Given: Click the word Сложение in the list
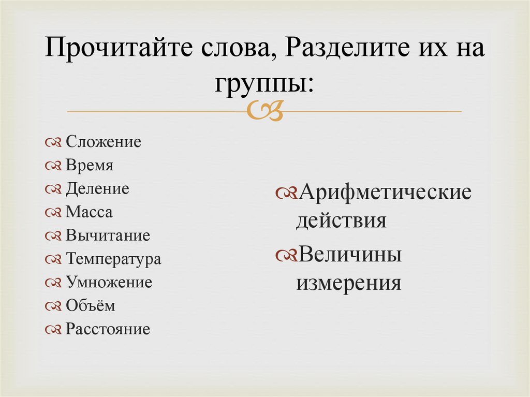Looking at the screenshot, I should [x=103, y=142].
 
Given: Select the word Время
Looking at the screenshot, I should [x=89, y=166].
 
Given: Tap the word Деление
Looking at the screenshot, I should [x=97, y=189].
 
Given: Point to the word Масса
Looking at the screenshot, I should [x=89, y=212].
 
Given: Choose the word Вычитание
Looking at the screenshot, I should [x=108, y=236].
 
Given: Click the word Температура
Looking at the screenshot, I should [x=113, y=259].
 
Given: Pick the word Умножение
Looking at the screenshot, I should [x=109, y=283].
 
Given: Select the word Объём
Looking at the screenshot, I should [x=90, y=306].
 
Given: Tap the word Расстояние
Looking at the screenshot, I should [x=108, y=329].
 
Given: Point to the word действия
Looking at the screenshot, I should [x=341, y=221].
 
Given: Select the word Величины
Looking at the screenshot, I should [x=349, y=255].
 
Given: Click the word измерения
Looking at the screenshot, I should [x=348, y=283].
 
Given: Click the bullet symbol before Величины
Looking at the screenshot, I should [x=286, y=256].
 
